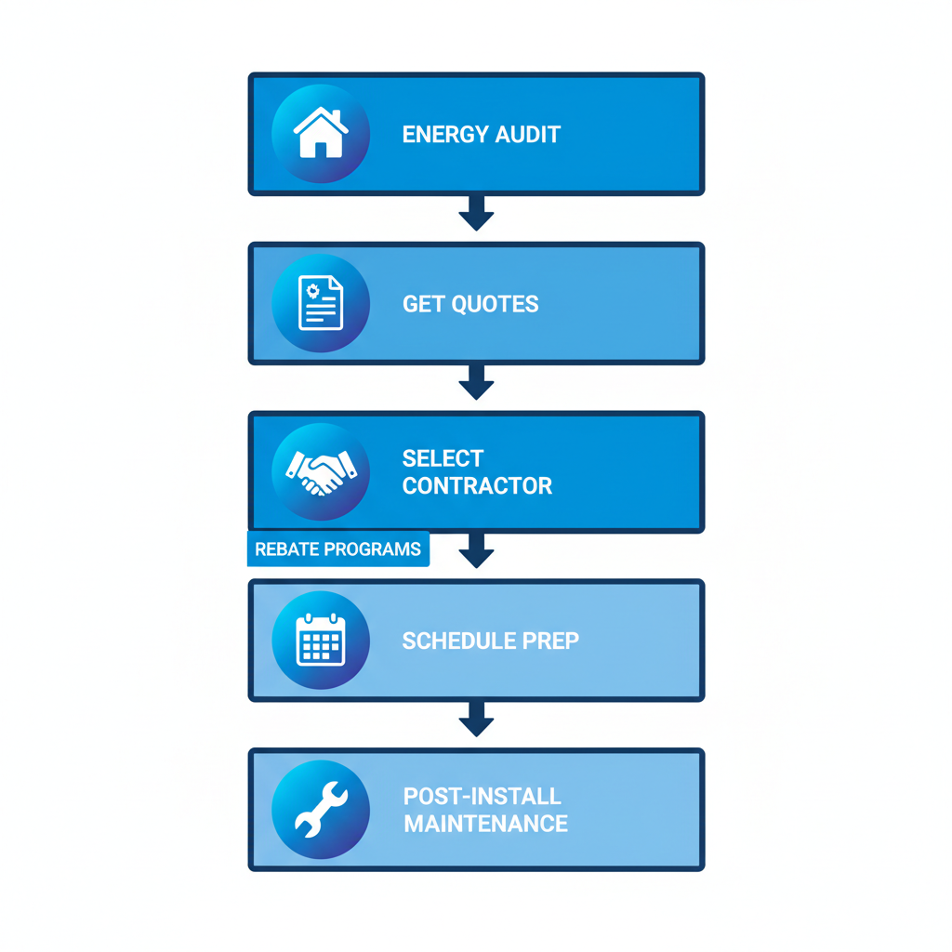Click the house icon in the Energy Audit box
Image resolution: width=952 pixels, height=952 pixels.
[320, 134]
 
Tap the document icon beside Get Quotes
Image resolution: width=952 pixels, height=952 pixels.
[320, 303]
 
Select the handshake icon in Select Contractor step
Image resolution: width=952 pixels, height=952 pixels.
[320, 472]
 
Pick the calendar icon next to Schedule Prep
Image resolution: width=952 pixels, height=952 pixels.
[320, 641]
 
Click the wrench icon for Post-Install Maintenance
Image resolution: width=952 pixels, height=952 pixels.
[320, 810]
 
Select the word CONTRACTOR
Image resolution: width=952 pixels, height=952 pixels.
[477, 486]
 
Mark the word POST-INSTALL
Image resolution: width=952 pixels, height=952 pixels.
[482, 797]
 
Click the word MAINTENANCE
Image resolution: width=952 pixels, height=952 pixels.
[485, 824]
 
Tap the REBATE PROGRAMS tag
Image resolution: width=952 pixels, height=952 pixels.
[337, 549]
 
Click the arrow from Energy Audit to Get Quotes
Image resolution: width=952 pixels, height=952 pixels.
[476, 214]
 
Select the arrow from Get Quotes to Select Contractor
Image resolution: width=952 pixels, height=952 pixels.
[476, 383]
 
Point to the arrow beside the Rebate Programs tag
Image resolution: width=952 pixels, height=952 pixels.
[476, 551]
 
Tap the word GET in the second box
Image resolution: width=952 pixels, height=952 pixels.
[421, 304]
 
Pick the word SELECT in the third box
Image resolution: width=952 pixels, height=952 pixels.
[443, 459]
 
